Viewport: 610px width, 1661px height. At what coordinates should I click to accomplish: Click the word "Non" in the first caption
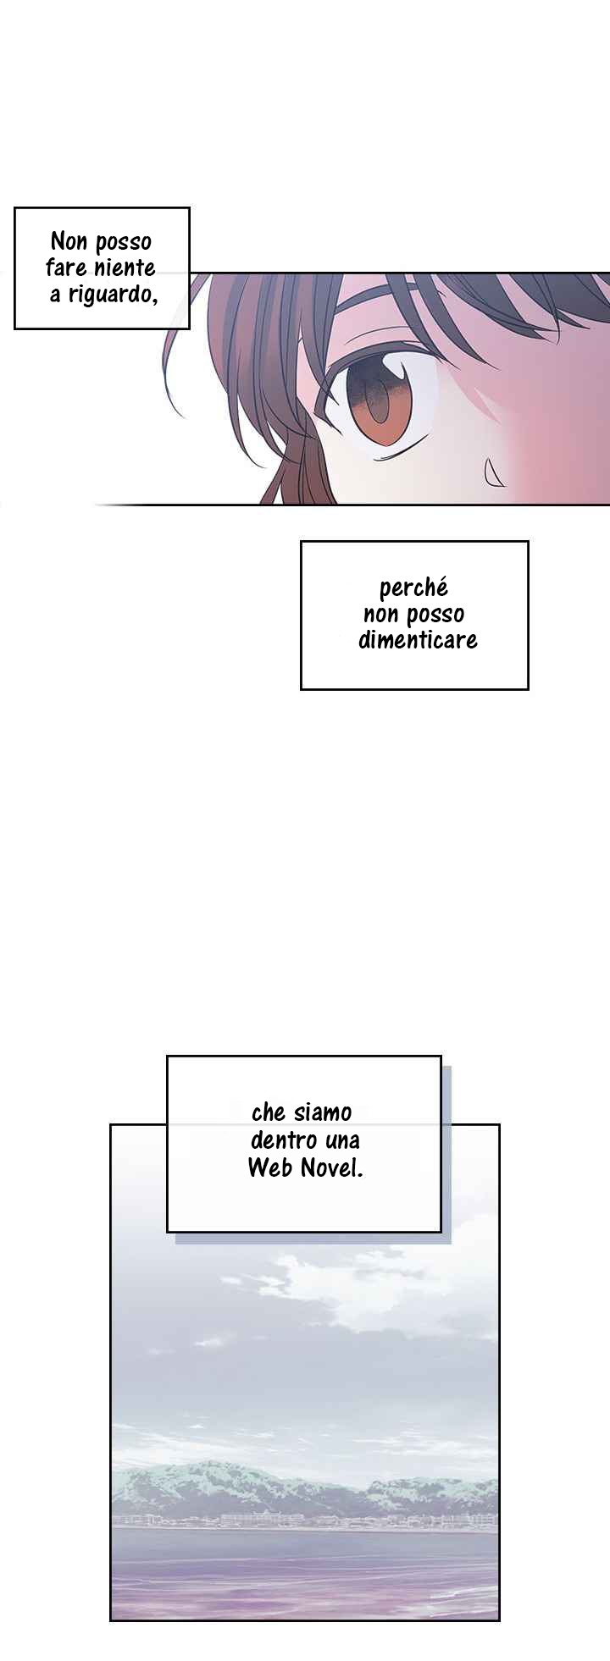(69, 241)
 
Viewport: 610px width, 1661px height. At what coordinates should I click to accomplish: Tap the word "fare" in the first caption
(65, 268)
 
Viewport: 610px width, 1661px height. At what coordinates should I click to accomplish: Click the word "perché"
(413, 588)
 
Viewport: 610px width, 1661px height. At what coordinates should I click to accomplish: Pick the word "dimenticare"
(418, 639)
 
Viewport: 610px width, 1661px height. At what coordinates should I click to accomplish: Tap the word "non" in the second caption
(380, 614)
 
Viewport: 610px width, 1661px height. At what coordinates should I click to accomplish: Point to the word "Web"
(269, 1167)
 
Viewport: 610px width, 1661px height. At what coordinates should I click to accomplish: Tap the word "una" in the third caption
(342, 1140)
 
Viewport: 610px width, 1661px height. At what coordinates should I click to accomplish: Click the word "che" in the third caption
(269, 1112)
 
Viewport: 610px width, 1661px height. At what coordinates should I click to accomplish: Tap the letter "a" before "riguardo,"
(55, 295)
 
